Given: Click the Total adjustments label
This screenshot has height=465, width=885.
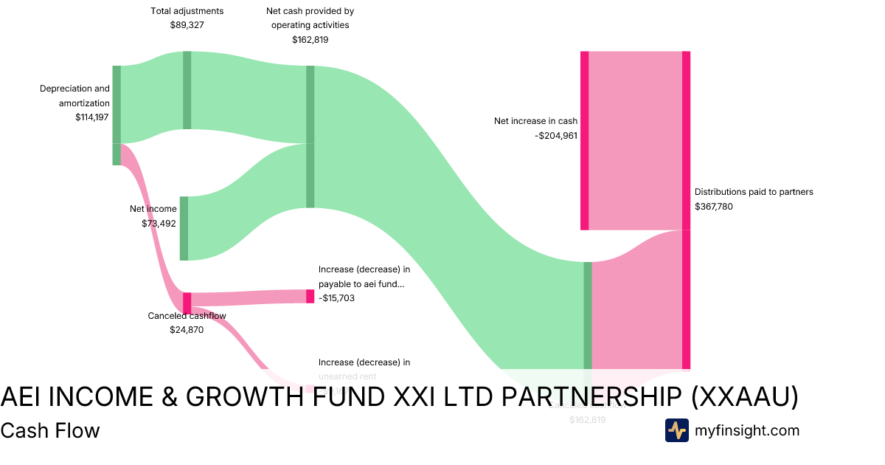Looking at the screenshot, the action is pos(187,11).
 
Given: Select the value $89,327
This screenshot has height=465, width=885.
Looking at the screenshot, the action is pos(187,24).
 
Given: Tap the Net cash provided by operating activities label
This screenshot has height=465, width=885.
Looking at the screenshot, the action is pos(310,18).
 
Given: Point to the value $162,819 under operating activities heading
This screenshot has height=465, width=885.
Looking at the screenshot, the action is pos(310,39).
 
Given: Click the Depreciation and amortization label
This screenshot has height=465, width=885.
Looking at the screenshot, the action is pos(74,96).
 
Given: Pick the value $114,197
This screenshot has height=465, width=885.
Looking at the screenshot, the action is pos(92,117).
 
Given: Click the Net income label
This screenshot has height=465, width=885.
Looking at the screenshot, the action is pos(153,209).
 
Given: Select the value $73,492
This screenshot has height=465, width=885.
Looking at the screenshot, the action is pos(159,223).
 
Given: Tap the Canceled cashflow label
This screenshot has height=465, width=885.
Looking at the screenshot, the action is pos(187,316).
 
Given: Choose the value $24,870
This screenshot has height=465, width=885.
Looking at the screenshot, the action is pos(187,330).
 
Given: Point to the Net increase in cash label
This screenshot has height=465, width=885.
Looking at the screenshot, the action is pos(535,121).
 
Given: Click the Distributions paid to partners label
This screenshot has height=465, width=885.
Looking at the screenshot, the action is pos(754,192).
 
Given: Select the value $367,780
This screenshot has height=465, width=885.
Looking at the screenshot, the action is pos(714,207).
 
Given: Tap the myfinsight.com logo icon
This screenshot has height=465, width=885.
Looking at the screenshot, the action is pos(676,430).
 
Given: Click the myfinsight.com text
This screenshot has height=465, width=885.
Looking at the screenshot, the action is pos(747,430).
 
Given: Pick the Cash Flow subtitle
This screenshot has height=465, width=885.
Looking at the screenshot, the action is pos(50,430).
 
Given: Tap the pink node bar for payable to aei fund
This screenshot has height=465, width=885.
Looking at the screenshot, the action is pos(310,296).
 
